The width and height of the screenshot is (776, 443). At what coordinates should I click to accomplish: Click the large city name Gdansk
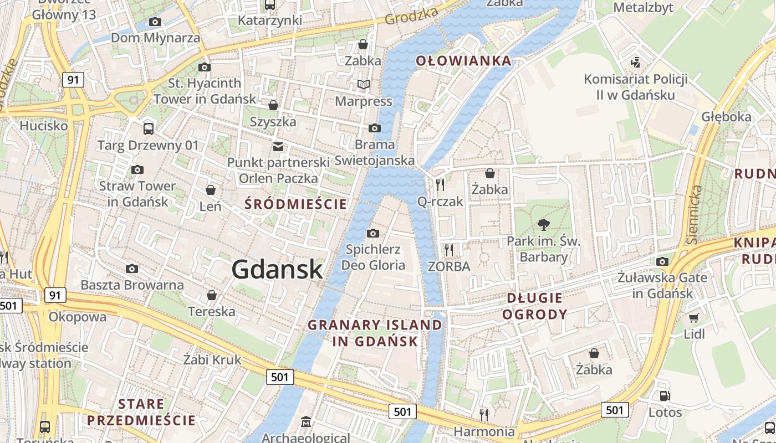277,269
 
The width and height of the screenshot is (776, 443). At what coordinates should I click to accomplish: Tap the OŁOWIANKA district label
463,60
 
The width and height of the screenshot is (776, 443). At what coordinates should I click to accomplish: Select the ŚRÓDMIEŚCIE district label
296,204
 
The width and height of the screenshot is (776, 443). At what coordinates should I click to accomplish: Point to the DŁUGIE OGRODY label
534,306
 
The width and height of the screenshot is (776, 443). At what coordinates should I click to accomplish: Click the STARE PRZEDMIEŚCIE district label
141,412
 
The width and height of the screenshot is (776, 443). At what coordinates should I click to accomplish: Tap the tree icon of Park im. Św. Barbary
544,224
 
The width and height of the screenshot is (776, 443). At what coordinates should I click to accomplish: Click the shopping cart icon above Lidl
693,318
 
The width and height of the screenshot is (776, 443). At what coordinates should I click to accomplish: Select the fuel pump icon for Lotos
665,396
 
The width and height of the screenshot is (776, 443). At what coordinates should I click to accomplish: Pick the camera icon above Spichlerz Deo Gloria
373,233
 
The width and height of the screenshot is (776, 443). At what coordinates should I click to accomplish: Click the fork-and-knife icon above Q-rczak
440,184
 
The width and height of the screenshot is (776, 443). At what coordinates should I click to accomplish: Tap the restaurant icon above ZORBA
449,250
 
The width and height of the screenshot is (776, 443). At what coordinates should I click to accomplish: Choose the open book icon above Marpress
364,85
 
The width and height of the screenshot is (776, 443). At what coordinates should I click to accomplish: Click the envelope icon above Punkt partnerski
278,147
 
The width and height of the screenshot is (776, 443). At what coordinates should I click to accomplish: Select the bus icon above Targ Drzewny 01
149,129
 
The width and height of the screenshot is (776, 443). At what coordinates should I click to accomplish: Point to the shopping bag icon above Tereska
211,295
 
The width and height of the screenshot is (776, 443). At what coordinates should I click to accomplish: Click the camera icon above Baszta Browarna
132,269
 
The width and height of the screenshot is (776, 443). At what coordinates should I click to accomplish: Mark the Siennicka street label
695,215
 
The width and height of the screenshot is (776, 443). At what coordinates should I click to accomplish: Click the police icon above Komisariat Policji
636,62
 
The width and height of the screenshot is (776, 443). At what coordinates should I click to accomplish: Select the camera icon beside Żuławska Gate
662,261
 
